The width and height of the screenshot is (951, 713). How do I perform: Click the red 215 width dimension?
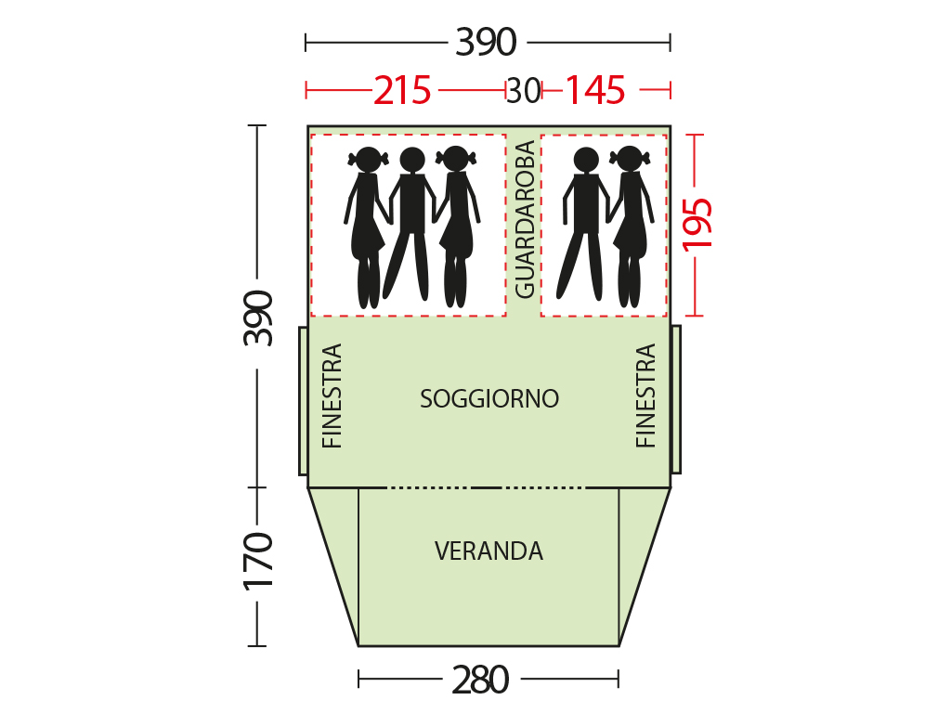pyautogui.click(x=401, y=91)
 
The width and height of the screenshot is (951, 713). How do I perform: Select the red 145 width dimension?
pyautogui.click(x=594, y=91)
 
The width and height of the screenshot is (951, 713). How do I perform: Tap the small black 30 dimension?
pyautogui.click(x=524, y=91)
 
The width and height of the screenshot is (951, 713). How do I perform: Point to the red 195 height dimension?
pyautogui.click(x=697, y=225)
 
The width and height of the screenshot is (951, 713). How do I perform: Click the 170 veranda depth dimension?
pyautogui.click(x=258, y=561)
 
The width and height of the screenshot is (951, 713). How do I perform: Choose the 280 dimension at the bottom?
pyautogui.click(x=480, y=680)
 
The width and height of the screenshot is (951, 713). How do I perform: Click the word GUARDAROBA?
pyautogui.click(x=525, y=219)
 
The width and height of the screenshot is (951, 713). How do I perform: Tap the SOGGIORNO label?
pyautogui.click(x=489, y=399)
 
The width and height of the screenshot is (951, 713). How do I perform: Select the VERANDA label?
pyautogui.click(x=489, y=551)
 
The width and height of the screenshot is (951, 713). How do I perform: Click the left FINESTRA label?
pyautogui.click(x=332, y=395)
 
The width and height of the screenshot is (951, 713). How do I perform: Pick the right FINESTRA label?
pyautogui.click(x=646, y=395)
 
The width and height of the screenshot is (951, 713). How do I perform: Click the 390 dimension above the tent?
pyautogui.click(x=486, y=43)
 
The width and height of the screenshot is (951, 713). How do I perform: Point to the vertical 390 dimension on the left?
pyautogui.click(x=258, y=318)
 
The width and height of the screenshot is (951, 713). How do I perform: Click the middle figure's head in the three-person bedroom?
pyautogui.click(x=412, y=160)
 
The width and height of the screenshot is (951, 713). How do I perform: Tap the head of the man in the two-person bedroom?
pyautogui.click(x=586, y=160)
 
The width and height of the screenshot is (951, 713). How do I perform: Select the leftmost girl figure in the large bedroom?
pyautogui.click(x=366, y=227)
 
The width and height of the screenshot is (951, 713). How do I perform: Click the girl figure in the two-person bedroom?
pyautogui.click(x=631, y=227)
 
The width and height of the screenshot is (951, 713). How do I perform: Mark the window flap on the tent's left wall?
pyautogui.click(x=304, y=401)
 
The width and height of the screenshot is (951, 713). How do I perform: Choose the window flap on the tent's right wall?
pyautogui.click(x=676, y=399)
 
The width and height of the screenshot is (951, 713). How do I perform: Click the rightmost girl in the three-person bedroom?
pyautogui.click(x=457, y=227)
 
